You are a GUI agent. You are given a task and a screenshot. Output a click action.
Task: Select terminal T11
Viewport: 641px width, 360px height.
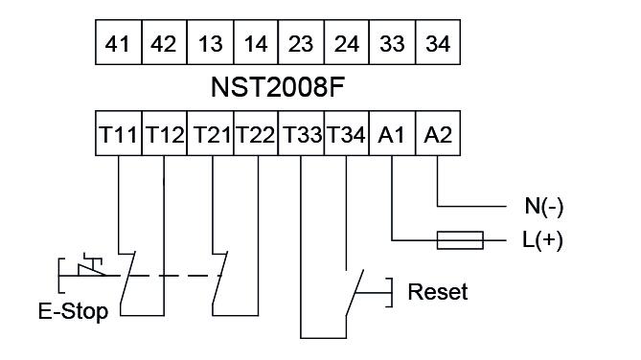[119, 136]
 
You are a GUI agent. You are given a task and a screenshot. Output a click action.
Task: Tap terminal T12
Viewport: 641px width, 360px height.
[164, 136]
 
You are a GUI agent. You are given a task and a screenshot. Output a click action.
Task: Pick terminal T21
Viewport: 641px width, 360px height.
[210, 136]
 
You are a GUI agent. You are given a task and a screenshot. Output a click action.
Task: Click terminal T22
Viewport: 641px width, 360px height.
[255, 136]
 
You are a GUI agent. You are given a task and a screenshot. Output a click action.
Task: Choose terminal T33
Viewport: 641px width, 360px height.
[301, 136]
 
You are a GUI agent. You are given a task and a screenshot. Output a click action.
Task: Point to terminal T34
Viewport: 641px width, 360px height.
[347, 136]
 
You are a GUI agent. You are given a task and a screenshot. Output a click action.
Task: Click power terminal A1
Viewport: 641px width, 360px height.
[392, 136]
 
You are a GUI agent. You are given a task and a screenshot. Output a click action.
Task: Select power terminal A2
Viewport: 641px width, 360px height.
[438, 136]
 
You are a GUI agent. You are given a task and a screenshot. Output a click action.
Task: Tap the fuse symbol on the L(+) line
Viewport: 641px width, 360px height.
[460, 239]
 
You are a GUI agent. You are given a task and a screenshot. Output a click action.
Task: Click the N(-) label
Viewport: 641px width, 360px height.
[541, 205]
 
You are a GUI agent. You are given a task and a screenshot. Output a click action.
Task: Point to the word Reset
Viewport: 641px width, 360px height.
[438, 291]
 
